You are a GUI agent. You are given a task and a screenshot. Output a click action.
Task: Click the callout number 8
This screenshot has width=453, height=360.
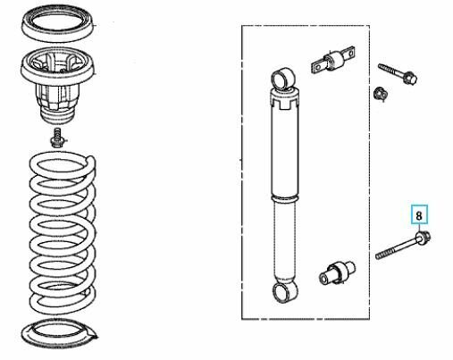(x=419, y=215)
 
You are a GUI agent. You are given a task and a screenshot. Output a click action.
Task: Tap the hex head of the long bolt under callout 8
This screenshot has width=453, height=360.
(x=424, y=238)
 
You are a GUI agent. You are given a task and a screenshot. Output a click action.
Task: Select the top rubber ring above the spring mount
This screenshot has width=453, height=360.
(x=57, y=24)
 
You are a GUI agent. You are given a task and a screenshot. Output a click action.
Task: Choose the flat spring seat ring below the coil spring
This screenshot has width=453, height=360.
(x=59, y=333)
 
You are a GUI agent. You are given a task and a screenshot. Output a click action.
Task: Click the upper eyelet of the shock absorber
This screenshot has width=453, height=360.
(x=284, y=79)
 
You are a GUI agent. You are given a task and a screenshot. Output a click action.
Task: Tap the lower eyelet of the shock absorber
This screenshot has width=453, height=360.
(x=284, y=292)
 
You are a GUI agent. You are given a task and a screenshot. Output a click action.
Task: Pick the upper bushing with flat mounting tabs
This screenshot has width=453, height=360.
(x=333, y=61)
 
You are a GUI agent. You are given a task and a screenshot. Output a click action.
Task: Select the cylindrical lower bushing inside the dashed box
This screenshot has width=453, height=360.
(x=337, y=273)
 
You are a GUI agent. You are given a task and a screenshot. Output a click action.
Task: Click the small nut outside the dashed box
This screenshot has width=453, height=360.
(x=381, y=94)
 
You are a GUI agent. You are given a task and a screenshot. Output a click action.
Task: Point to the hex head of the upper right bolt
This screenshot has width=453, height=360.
(x=409, y=78)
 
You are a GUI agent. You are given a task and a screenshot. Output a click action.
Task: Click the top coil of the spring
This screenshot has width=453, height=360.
(x=62, y=163)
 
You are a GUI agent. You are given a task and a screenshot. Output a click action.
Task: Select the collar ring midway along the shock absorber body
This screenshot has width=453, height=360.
(x=285, y=198)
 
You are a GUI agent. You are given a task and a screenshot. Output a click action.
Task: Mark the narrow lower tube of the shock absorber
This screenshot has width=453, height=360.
(x=285, y=241)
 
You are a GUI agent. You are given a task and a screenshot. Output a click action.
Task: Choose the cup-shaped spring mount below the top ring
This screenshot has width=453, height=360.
(x=57, y=85)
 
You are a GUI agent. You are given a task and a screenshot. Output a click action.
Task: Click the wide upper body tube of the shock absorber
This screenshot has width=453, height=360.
(x=285, y=152)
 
